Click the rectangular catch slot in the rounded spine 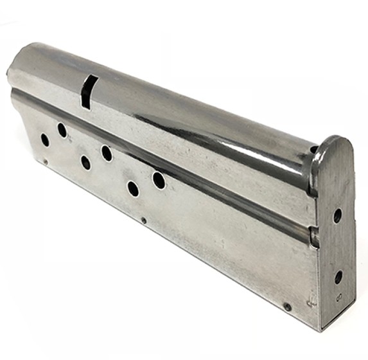pyautogui.click(x=88, y=91)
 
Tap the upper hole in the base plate pyautogui.click(x=337, y=216)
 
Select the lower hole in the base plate pyautogui.click(x=338, y=277)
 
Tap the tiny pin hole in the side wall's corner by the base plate pyautogui.click(x=287, y=307)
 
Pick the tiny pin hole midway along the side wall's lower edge pyautogui.click(x=143, y=221)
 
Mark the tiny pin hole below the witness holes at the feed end pyautogui.click(x=46, y=161)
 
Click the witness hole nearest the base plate pyautogui.click(x=159, y=181)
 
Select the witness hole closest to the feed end pyautogui.click(x=45, y=139)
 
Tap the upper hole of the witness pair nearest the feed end pyautogui.click(x=62, y=130)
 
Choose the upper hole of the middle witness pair pyautogui.click(x=107, y=153)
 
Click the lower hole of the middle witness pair pyautogui.click(x=85, y=162)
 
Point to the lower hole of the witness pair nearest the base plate pyautogui.click(x=133, y=189)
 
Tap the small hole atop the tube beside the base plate pyautogui.click(x=313, y=150)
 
